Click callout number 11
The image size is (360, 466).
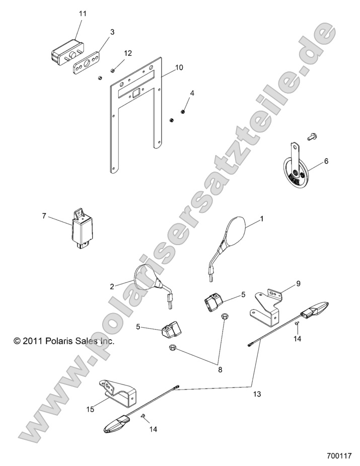point(82,14)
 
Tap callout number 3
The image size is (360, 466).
point(112,32)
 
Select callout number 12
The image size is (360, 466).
point(127,53)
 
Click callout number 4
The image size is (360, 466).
point(191,93)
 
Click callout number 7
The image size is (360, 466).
point(44,216)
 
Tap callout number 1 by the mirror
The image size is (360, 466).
point(261,219)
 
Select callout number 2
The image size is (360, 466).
point(112,286)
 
